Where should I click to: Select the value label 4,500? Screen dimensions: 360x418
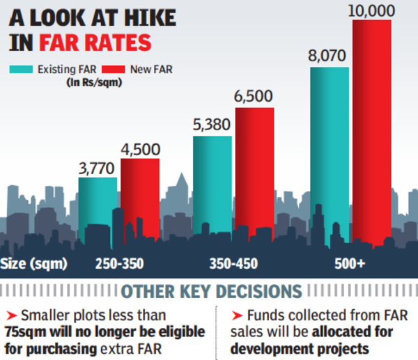(140, 148)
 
